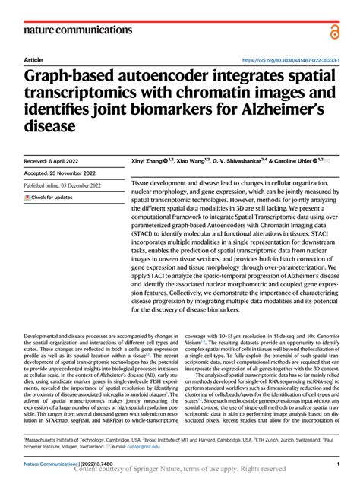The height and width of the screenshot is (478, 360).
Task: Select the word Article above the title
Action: pos(33,59)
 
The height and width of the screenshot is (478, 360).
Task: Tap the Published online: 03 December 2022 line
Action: pos(68,185)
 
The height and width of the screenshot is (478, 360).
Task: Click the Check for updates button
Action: pos(49,198)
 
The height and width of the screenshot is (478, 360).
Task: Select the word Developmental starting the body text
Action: pos(45,335)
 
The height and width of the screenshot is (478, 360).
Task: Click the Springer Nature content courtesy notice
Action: pos(181,470)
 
